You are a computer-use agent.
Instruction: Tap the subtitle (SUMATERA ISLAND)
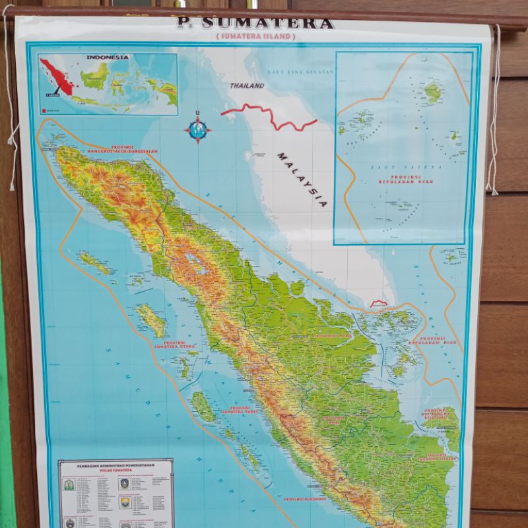tap(255, 37)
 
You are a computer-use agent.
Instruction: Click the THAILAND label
tap(247, 86)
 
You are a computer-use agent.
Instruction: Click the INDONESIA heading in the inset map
tap(108, 57)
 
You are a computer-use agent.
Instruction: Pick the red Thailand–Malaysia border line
tap(271, 116)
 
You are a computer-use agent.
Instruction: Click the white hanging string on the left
tap(9, 99)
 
